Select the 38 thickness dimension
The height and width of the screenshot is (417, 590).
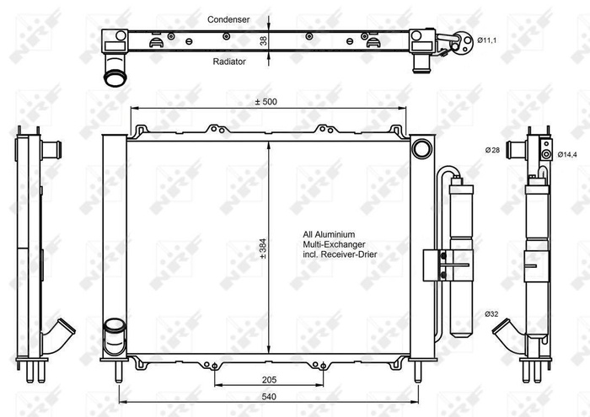pos(263,40)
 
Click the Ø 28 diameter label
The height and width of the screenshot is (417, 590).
pos(493,151)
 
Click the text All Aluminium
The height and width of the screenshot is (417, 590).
pos(330,234)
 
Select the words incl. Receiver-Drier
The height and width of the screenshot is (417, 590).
pos(341,254)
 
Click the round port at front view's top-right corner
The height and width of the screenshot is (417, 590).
pos(419,149)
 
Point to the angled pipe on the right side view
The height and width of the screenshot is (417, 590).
pos(509,328)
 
